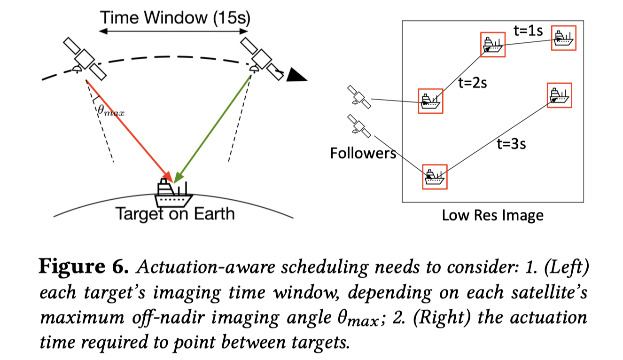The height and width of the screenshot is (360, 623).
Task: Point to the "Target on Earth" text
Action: [x=175, y=214]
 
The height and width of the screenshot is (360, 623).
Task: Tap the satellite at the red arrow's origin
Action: [x=85, y=59]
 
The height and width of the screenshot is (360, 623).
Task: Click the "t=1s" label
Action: [x=528, y=31]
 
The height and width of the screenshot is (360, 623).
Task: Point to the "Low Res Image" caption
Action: [x=492, y=215]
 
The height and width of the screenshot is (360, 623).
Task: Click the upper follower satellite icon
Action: [x=359, y=97]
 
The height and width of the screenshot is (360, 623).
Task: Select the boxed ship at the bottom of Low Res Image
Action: [x=435, y=177]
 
